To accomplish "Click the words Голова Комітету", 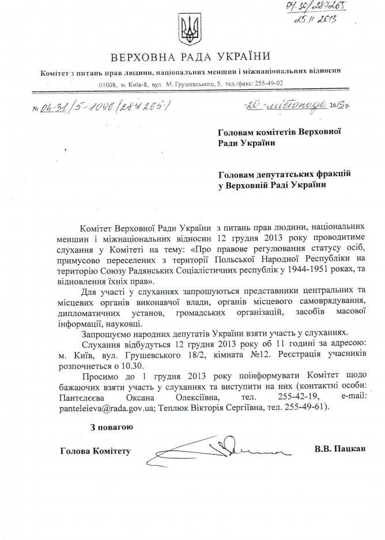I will coord(95,450).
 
